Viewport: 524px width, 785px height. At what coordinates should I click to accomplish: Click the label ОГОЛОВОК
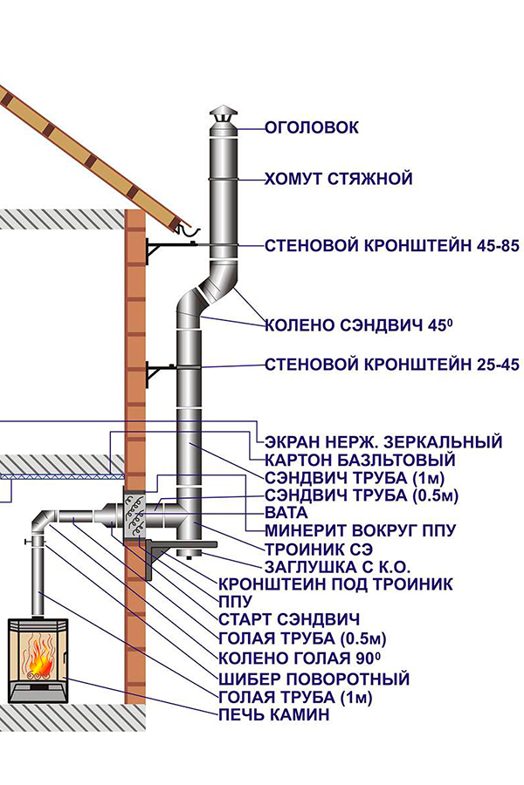[312, 127]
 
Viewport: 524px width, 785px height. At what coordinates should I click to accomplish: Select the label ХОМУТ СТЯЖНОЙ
[339, 179]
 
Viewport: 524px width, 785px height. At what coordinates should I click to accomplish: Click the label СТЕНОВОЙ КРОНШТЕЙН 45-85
[391, 246]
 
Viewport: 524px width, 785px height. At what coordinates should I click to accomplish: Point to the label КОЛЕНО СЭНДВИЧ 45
[359, 325]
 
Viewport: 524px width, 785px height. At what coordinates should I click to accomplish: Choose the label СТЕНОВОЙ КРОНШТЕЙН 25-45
[391, 364]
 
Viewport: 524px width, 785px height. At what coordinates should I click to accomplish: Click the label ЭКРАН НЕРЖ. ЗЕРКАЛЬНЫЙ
[383, 442]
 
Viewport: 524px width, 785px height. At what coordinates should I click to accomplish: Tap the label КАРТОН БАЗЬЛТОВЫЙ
[360, 460]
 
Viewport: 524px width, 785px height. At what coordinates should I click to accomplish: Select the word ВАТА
[286, 513]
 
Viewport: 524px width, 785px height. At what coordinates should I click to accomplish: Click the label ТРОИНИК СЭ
[319, 549]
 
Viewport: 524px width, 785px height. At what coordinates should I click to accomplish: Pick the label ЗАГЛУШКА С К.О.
[337, 567]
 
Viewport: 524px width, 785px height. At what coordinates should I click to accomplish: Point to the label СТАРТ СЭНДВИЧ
[289, 619]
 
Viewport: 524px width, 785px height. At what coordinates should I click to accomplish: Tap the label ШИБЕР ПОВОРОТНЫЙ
[314, 679]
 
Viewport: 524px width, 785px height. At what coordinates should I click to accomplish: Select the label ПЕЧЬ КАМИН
[273, 714]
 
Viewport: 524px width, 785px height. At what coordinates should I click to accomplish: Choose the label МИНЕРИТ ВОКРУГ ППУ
[360, 530]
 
